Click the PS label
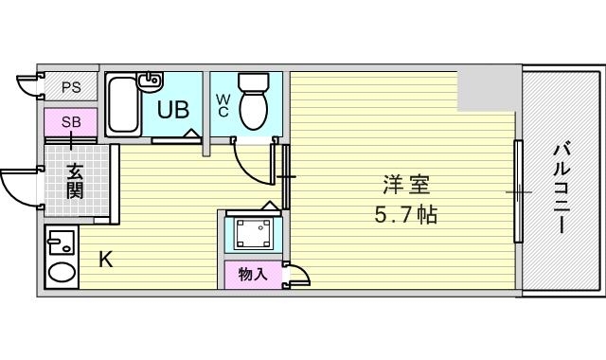click(x=71, y=87)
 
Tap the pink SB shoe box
click(x=70, y=122)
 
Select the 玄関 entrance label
click(x=75, y=179)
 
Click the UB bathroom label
click(x=172, y=109)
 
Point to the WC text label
click(x=223, y=103)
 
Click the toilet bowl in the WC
click(x=253, y=104)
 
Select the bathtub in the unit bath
click(x=122, y=105)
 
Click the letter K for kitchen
click(x=106, y=259)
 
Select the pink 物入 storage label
click(x=252, y=275)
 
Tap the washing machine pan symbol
click(x=252, y=233)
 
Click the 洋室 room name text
click(x=401, y=184)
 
